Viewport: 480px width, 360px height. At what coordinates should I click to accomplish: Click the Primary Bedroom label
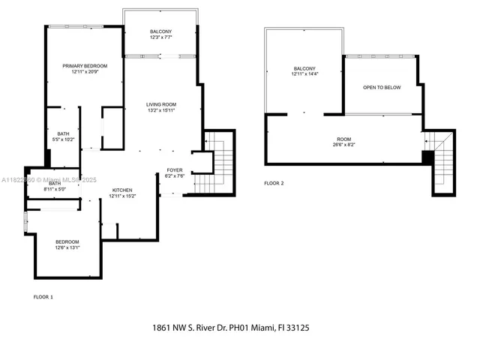(x=85, y=65)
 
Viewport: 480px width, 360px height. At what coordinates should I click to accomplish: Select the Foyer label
(x=175, y=170)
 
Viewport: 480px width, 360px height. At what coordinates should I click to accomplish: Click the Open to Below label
(x=382, y=88)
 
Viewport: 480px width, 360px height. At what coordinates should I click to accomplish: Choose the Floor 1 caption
(x=43, y=297)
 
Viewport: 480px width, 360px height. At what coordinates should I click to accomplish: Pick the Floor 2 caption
(x=274, y=183)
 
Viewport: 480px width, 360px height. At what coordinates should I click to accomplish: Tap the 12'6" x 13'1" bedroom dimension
(x=67, y=247)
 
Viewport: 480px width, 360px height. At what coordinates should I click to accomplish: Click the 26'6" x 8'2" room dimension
(x=344, y=145)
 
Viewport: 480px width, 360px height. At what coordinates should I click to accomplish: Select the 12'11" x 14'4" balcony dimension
(x=304, y=74)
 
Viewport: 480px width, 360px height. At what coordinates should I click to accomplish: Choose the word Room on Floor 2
(x=344, y=139)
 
